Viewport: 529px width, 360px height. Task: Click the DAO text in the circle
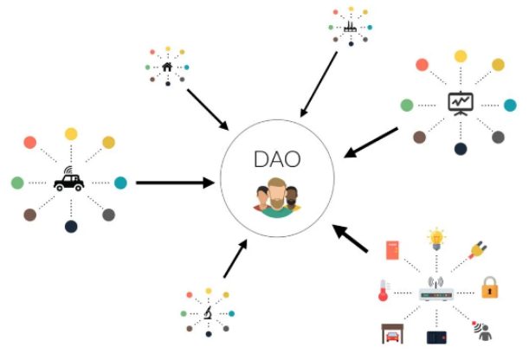277,159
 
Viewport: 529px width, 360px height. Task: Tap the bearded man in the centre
277,197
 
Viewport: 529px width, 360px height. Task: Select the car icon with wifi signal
68,179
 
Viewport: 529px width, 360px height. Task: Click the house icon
167,67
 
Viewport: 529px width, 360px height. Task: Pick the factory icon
350,28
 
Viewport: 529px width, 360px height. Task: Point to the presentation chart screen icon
461,104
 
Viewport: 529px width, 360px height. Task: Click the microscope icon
208,313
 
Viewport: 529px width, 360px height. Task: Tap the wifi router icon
435,289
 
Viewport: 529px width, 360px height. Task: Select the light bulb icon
436,239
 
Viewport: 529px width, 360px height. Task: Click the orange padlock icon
489,287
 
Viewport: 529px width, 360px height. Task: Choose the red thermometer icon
384,290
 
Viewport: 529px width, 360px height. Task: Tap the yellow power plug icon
478,250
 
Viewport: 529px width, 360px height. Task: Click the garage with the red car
392,334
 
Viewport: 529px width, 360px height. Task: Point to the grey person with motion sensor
483,331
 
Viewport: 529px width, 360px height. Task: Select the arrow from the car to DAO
175,183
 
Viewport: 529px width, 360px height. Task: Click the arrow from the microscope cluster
235,259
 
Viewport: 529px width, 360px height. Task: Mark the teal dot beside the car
120,183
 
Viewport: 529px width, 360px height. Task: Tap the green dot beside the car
17,183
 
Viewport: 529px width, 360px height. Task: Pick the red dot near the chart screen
422,65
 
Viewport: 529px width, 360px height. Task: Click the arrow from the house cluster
208,110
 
